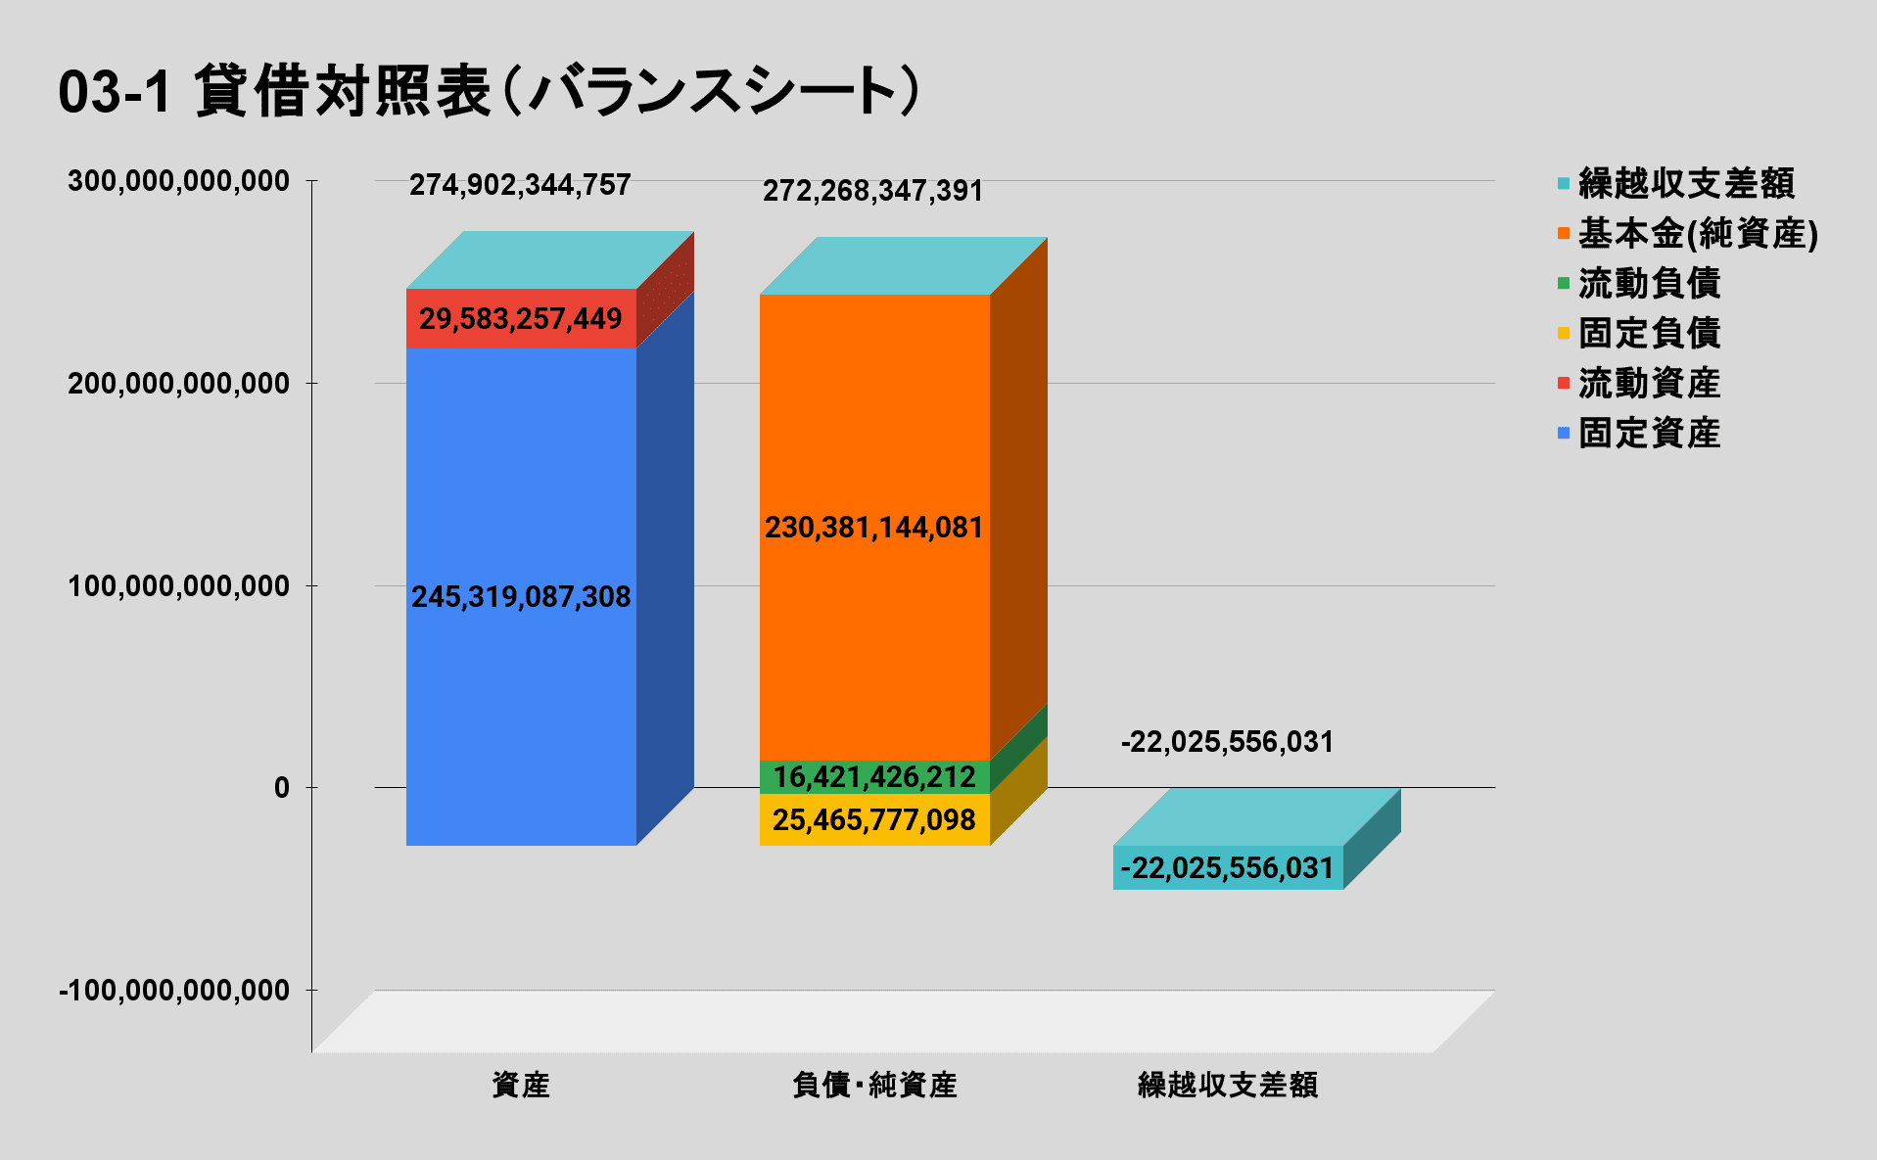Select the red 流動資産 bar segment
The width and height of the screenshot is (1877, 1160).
521,318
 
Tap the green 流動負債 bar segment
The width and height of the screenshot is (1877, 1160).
874,777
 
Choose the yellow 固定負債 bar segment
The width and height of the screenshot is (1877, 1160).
874,820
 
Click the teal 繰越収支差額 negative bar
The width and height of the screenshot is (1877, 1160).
1228,868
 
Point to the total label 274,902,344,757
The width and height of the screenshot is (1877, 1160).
520,185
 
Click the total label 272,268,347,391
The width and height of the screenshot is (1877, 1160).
873,191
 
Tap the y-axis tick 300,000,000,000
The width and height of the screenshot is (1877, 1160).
178,181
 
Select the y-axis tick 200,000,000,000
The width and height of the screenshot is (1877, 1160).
178,384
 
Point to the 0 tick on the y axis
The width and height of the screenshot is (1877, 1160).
282,788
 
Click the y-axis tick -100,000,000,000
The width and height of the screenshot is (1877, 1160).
174,991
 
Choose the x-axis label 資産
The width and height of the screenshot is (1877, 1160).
521,1085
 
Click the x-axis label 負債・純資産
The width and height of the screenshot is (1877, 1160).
874,1085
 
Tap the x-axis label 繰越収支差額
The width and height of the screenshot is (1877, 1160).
1228,1085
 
